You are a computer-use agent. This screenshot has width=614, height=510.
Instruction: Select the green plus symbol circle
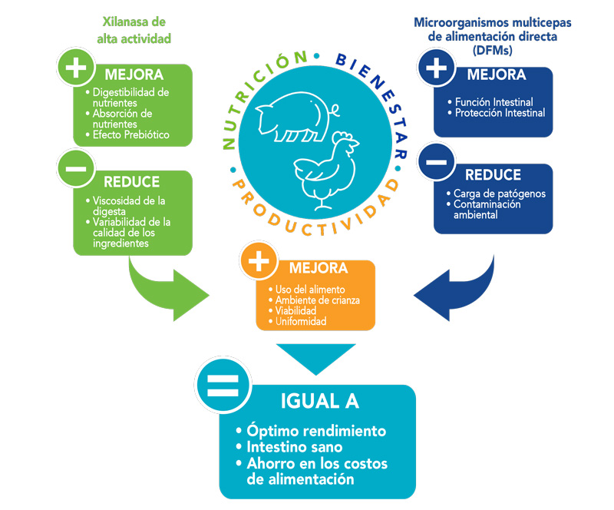76,69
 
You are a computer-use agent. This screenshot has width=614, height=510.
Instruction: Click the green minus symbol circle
76,168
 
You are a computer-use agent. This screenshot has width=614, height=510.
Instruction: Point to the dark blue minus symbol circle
435,162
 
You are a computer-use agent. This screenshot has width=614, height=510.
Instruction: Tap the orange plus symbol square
259,262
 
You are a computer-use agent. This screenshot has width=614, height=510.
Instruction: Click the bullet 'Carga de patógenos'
499,194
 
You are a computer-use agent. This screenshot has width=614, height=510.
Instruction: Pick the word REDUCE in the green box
131,182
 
